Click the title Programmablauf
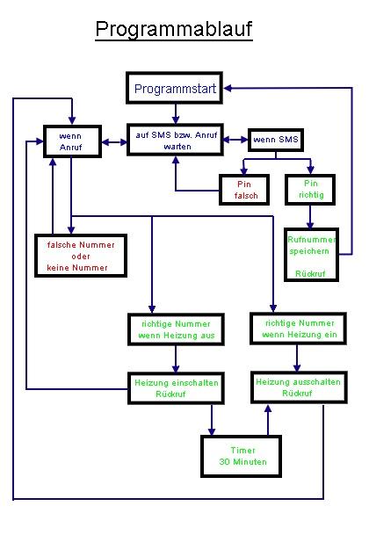[x=174, y=29]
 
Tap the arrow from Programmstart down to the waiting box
[x=176, y=113]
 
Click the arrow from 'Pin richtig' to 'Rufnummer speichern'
[x=310, y=217]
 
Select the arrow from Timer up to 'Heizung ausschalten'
[x=268, y=420]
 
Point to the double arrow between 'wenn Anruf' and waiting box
[x=114, y=141]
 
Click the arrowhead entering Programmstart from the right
[x=228, y=88]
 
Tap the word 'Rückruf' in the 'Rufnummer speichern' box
[x=310, y=273]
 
